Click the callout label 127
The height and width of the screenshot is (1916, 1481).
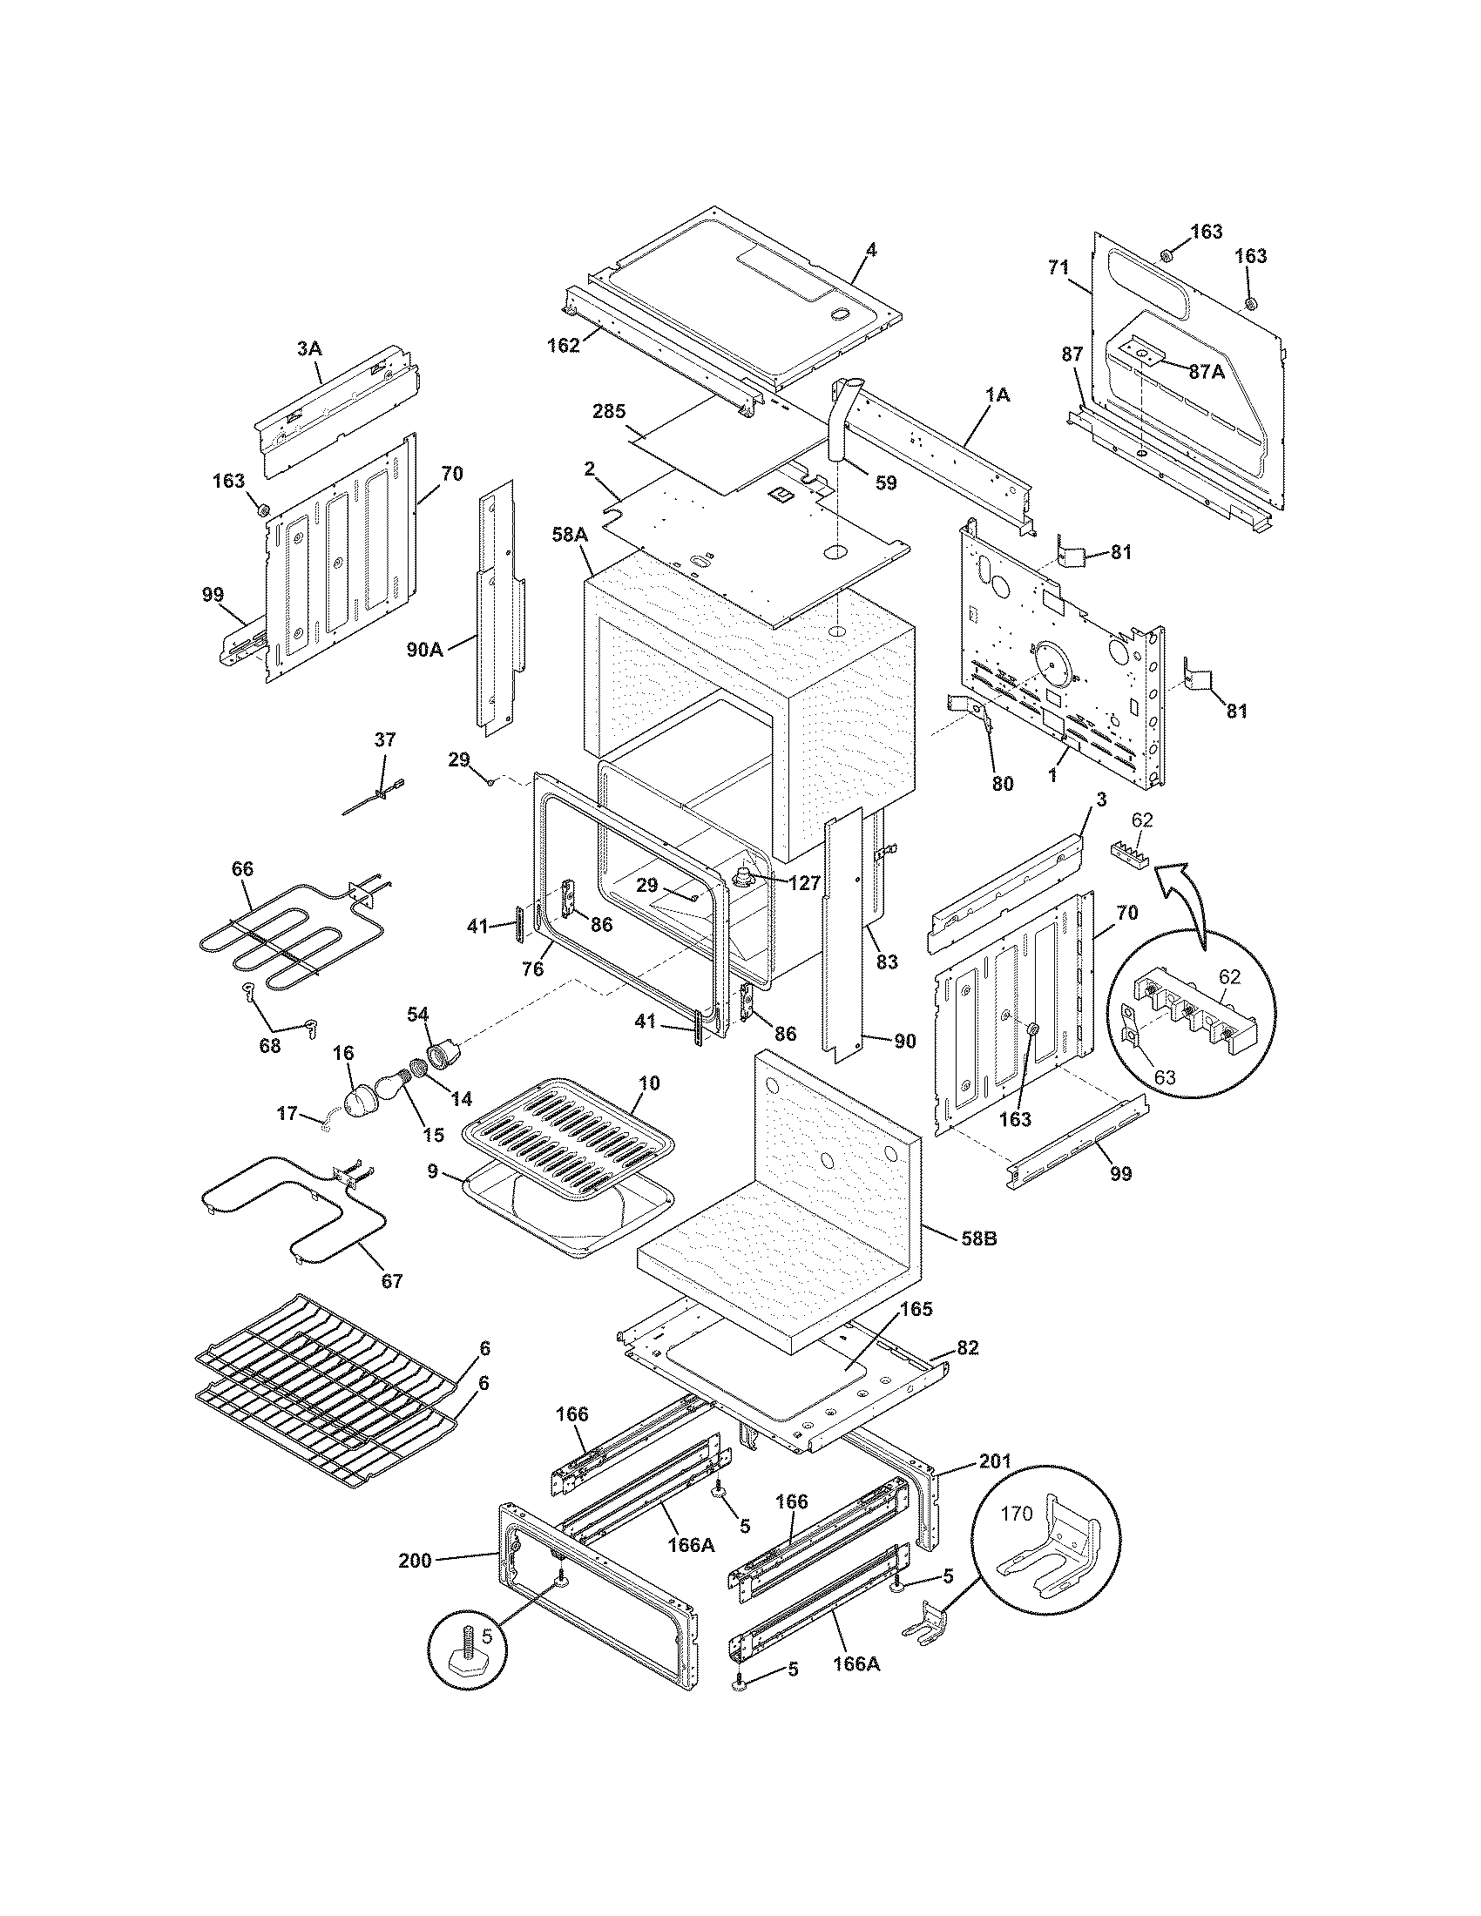(x=804, y=883)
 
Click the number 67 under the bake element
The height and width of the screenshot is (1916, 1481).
(x=392, y=1282)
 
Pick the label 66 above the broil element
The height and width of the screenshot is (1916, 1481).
(x=242, y=868)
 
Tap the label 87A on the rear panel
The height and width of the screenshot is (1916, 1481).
(x=1207, y=372)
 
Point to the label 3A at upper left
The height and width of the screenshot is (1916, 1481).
(x=309, y=348)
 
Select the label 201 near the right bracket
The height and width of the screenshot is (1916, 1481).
(x=995, y=1461)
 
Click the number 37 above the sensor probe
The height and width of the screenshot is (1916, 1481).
(x=385, y=739)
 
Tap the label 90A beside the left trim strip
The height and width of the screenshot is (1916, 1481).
(x=424, y=650)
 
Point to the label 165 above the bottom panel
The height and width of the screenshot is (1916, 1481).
(x=916, y=1334)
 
